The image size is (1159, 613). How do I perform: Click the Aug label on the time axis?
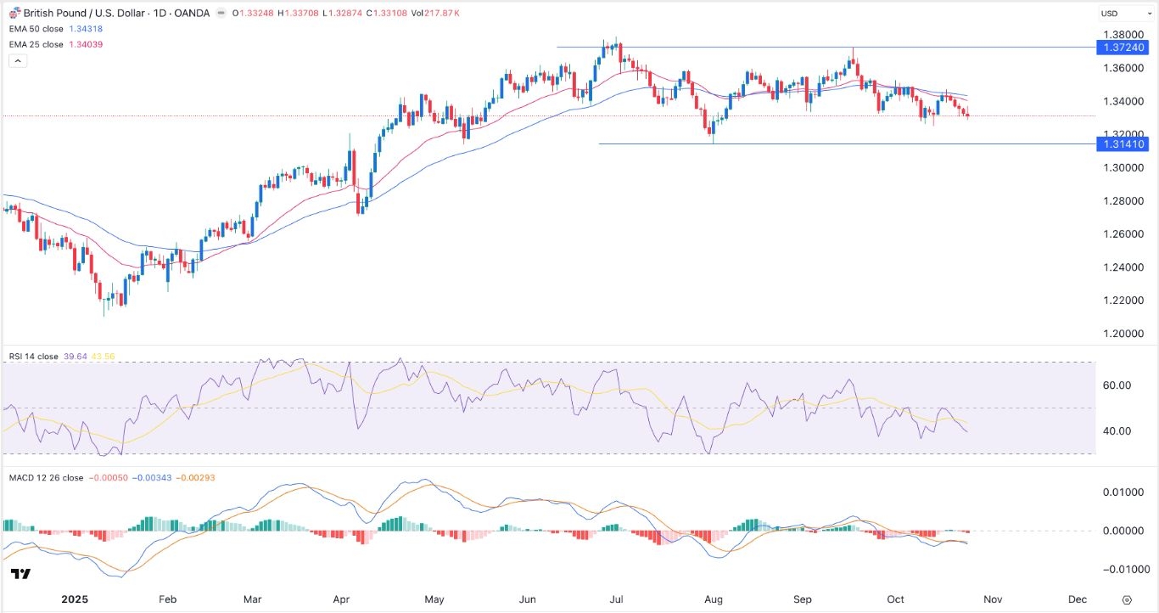713,599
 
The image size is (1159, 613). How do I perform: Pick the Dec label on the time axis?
1077,599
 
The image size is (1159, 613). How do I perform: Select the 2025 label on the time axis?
74,599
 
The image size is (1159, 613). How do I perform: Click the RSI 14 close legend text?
32,357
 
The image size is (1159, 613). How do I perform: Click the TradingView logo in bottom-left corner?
22,574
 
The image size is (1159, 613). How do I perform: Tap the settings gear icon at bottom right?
1127,599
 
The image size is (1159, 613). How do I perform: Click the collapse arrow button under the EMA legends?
18,61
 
